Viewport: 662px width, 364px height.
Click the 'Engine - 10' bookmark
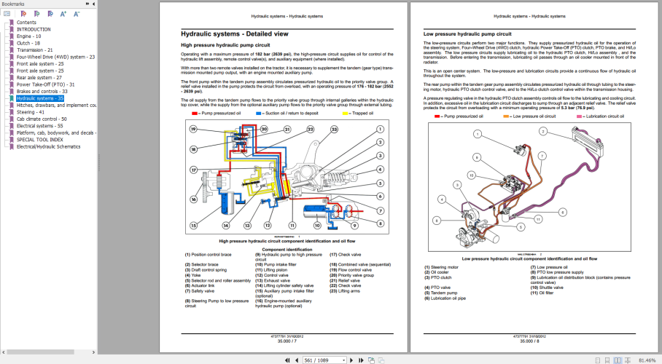point(28,36)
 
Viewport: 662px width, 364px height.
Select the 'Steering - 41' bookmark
point(31,112)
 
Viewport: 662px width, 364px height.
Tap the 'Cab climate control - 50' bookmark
point(42,119)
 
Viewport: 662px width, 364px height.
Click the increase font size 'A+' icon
point(63,14)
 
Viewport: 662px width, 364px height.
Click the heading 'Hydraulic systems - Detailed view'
point(231,33)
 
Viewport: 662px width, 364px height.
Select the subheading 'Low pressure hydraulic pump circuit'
point(467,33)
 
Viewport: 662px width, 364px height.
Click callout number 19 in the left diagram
point(192,129)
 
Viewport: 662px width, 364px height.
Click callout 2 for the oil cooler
point(543,132)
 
